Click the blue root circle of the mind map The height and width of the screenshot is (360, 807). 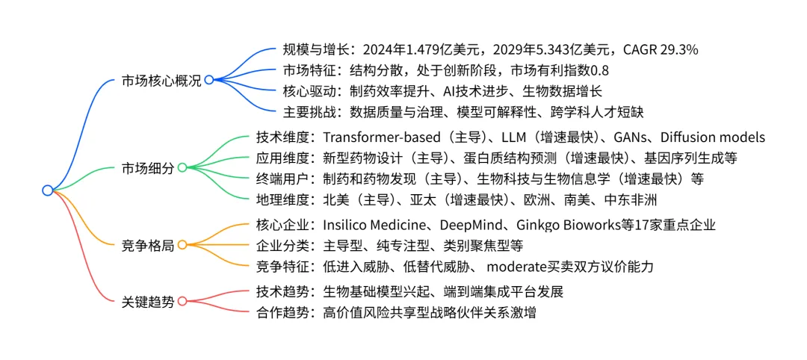click(48, 190)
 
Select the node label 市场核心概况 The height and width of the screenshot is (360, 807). click(161, 81)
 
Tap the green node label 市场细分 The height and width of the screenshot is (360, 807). click(148, 168)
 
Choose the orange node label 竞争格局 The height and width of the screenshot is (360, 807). click(148, 245)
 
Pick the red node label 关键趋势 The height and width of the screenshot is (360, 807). click(148, 302)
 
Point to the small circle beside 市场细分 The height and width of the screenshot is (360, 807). click(182, 168)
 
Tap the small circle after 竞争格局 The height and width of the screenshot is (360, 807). click(182, 245)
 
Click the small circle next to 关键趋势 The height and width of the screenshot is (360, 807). click(182, 302)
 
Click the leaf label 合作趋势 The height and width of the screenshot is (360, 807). click(284, 313)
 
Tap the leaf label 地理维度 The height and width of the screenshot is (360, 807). click(284, 199)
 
